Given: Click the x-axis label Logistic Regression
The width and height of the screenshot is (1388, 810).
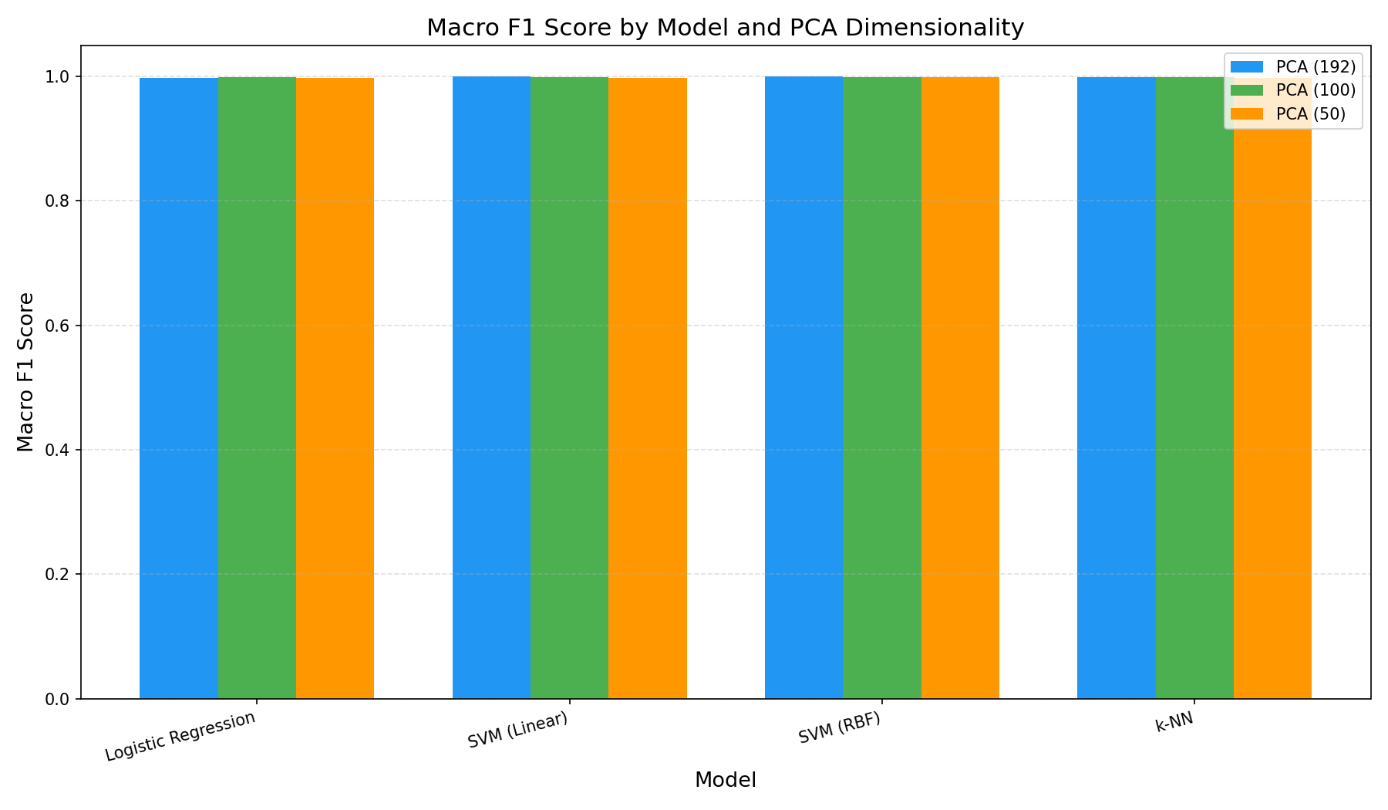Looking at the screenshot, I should click(x=180, y=736).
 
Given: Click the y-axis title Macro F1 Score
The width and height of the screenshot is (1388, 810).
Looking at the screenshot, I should click(x=25, y=372).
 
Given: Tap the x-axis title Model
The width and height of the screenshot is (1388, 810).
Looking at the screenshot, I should click(x=725, y=780).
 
